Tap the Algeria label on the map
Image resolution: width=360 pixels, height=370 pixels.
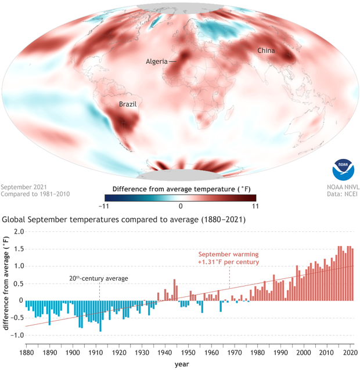[156, 61]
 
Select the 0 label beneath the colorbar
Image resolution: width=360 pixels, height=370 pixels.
[180, 206]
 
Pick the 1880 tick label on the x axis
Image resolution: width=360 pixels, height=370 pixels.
[26, 353]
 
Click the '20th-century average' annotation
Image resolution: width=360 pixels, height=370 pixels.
[99, 278]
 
